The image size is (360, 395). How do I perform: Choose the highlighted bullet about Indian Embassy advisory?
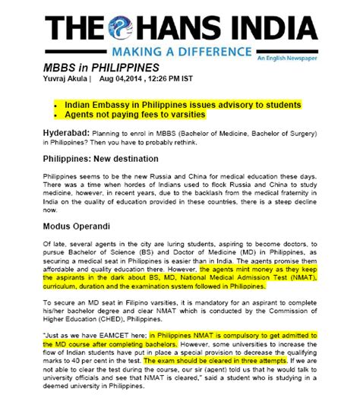click(x=182, y=104)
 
